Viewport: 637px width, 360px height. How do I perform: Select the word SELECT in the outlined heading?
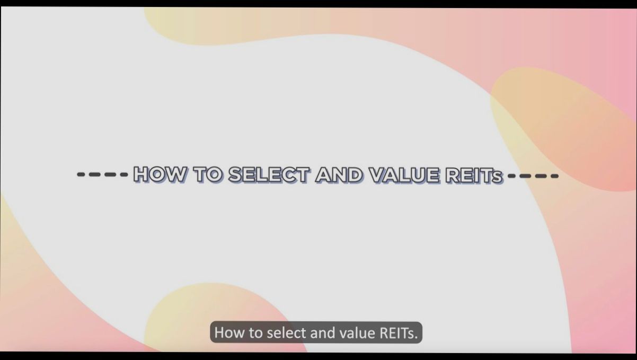(269, 174)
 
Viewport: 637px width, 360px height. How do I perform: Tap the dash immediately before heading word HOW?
(123, 174)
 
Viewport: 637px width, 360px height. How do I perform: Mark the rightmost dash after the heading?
(554, 175)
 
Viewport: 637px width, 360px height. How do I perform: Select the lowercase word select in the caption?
(285, 333)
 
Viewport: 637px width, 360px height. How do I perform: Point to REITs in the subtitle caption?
(397, 333)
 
